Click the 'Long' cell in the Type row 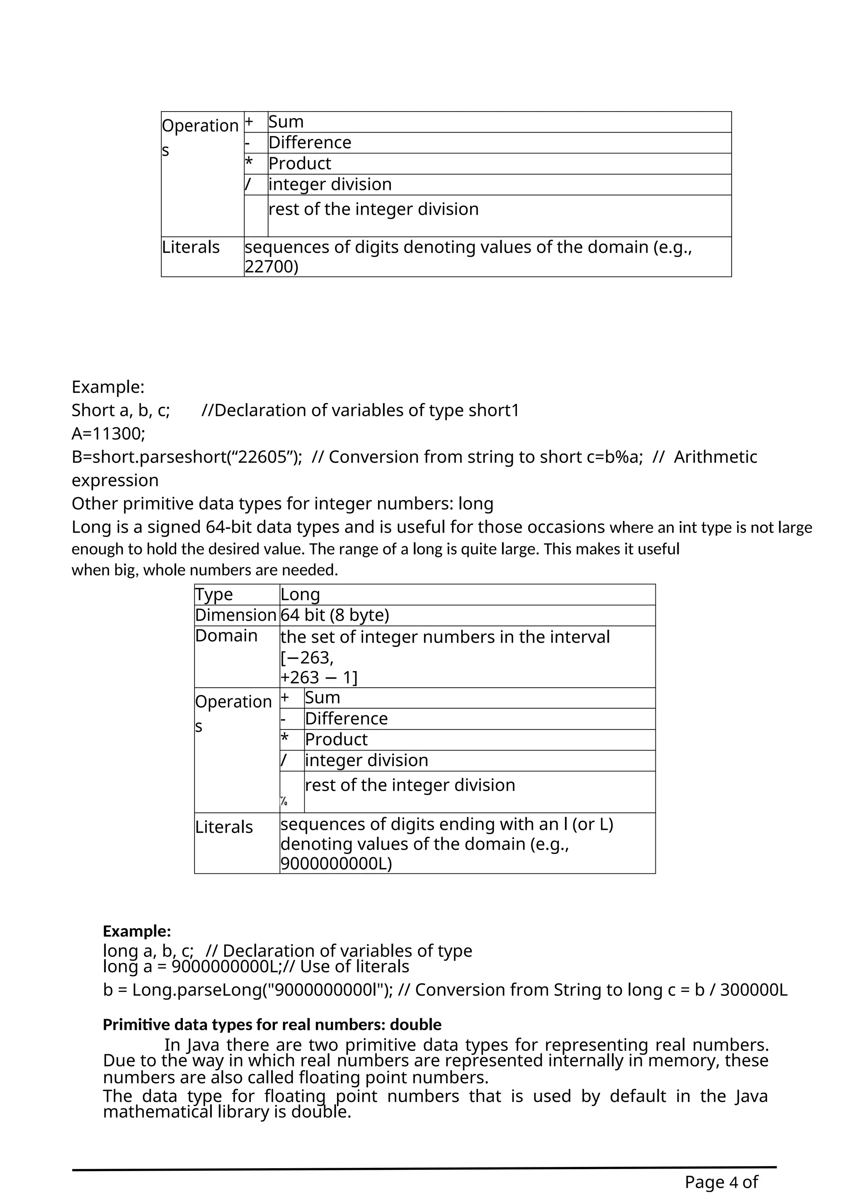point(300,595)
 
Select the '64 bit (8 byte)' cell point(335,615)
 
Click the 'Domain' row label point(226,636)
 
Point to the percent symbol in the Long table point(284,801)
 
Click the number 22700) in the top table point(272,267)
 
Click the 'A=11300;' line point(108,434)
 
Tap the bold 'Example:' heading point(137,931)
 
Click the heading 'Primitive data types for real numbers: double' point(272,1025)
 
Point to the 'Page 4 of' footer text point(721,1182)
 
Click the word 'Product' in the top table point(300,164)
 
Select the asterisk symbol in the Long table point(284,739)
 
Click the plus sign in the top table point(250,122)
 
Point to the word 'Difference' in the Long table point(346,719)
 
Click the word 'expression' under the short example point(115,481)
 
